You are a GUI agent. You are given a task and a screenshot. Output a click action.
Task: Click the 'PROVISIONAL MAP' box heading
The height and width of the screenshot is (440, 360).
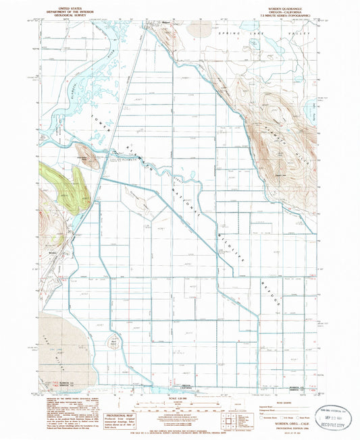102,415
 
